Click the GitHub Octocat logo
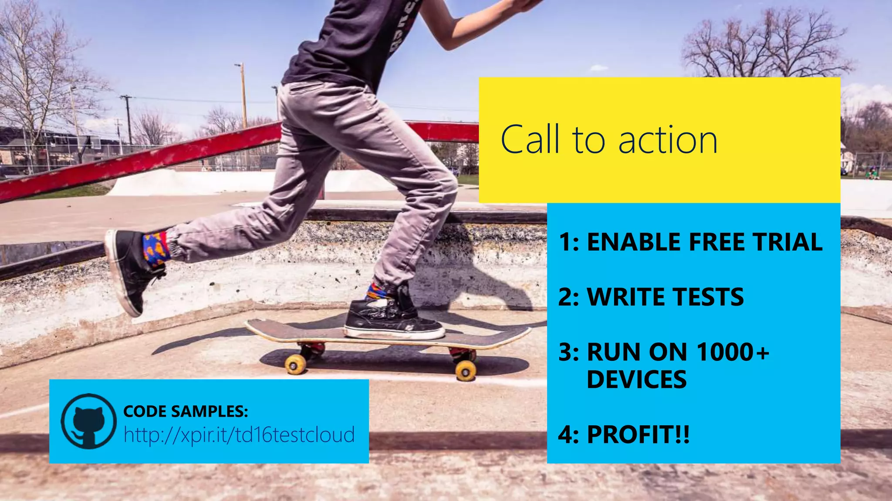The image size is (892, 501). tap(88, 421)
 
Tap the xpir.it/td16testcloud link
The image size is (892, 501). tap(239, 434)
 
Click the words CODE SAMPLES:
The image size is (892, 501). tap(186, 411)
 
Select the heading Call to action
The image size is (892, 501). tap(608, 140)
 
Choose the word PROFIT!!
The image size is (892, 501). tap(638, 434)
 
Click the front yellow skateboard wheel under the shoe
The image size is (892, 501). tap(465, 371)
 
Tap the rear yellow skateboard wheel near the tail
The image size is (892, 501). tap(296, 364)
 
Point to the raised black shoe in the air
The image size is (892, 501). tap(131, 270)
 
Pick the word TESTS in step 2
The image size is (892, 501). tap(709, 297)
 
